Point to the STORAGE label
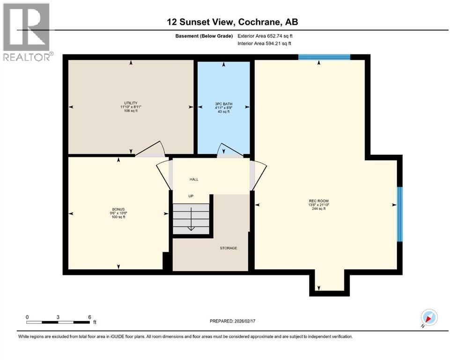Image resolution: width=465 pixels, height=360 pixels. point(229,248)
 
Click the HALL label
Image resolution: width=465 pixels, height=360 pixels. point(194,180)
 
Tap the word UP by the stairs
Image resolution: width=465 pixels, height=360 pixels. point(191,196)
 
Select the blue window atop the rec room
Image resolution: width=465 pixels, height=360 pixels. point(324,57)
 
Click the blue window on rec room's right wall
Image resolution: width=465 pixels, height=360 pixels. point(399,214)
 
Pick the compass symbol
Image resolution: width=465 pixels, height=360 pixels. point(429,317)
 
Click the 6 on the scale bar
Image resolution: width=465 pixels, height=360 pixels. point(89,317)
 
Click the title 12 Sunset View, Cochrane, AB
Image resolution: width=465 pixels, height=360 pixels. point(232,22)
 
